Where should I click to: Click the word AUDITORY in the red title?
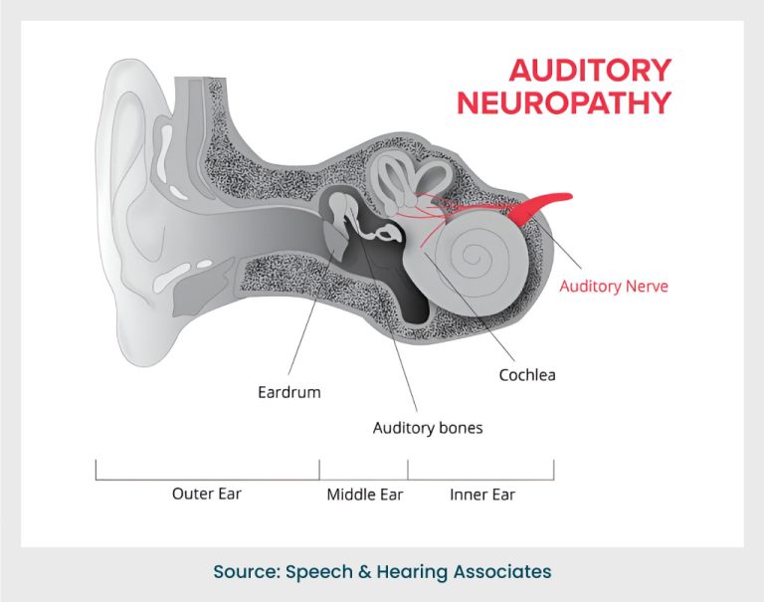(590, 71)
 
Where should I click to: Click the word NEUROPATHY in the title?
(563, 102)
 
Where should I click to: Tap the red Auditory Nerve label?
(614, 286)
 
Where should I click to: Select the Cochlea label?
(526, 375)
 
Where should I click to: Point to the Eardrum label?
(288, 392)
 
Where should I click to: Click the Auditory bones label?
(427, 428)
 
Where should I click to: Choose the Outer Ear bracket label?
(206, 494)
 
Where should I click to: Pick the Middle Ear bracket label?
(364, 494)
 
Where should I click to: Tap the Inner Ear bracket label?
(482, 494)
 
